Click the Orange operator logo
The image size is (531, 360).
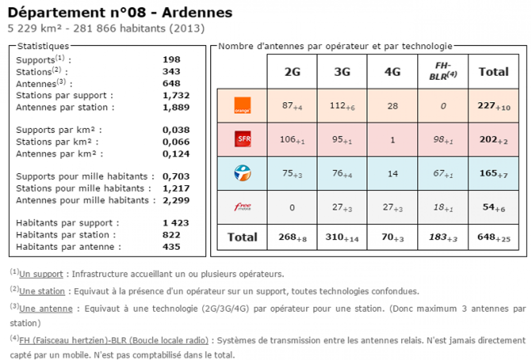pos(242,105)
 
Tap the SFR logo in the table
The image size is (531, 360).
pos(242,139)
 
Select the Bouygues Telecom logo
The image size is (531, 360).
pos(242,173)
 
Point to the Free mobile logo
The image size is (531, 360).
pos(242,207)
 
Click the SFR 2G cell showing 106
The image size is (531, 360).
pos(292,140)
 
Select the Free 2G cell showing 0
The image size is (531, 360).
pos(292,207)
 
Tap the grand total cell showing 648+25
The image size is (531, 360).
pos(493,237)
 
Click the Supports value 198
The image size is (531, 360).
pos(172,60)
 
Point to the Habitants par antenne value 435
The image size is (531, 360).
pos(172,247)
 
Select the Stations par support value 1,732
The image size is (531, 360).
pos(176,95)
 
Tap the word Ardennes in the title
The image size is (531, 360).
pos(197,12)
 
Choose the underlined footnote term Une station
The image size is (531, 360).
pos(42,291)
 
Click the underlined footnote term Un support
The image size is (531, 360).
pos(41,274)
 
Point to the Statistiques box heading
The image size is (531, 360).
pos(42,46)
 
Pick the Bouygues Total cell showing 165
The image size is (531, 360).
pos(493,174)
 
